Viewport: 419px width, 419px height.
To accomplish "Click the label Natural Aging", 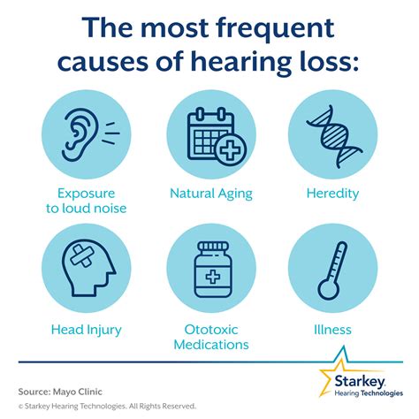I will coord(209,192).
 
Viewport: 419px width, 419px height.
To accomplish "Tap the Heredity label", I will coord(339,192).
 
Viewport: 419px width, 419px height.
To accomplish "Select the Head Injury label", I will coord(81,330).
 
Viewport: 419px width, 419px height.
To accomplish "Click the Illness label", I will coord(339,330).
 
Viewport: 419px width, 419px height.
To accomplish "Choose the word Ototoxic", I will coord(209,330).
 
